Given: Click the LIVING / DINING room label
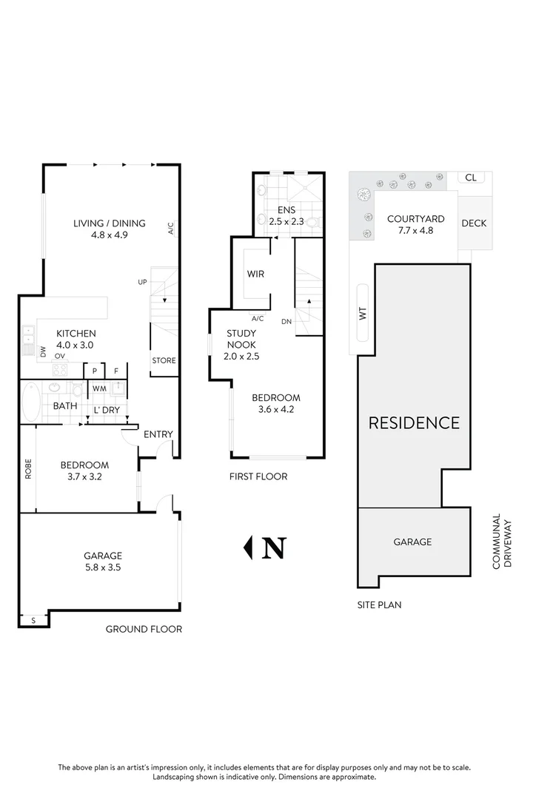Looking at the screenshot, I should click(109, 223).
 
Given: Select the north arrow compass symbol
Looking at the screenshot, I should click(265, 547).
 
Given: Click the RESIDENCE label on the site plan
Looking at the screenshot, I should click(414, 423).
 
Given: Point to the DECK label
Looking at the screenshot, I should click(474, 223).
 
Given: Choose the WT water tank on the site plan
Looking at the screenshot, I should click(363, 313).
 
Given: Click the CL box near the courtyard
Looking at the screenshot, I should click(470, 178).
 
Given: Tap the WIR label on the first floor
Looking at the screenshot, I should click(255, 274).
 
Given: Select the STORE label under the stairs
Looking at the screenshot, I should click(164, 361).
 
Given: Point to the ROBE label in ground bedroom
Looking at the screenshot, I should click(28, 471).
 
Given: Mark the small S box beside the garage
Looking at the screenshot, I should click(33, 620).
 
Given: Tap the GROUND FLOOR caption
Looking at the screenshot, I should click(144, 630).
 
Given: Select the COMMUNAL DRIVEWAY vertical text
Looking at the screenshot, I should click(501, 542).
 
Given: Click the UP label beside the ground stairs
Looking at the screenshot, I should click(142, 282).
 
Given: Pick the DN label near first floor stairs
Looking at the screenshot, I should click(286, 320).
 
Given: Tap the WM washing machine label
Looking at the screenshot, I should click(98, 388).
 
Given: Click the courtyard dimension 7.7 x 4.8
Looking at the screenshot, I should click(415, 230).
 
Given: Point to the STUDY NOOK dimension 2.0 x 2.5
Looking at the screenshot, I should click(241, 356).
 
